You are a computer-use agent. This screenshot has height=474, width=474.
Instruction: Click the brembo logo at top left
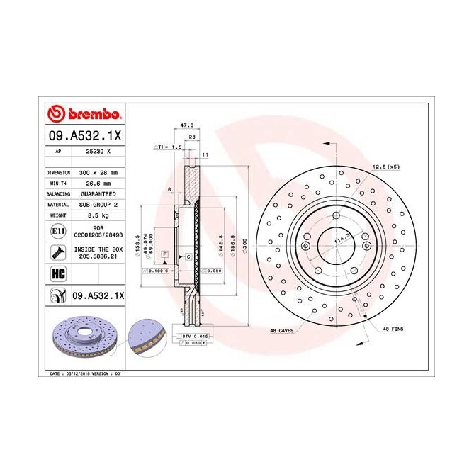point(84,114)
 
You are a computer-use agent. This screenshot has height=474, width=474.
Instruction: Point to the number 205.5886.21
point(98,256)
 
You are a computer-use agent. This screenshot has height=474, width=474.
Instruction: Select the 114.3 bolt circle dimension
point(341,242)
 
